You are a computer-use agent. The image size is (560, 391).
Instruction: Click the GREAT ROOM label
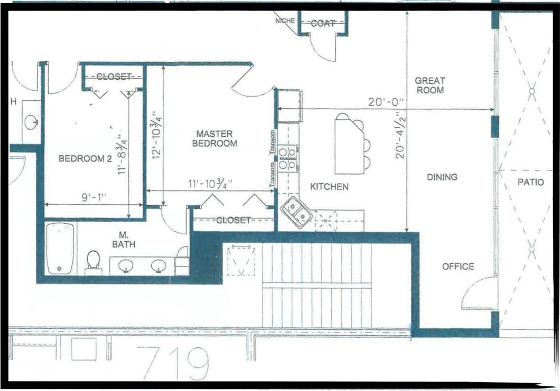(430, 85)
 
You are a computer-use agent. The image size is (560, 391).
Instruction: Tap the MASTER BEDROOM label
(214, 138)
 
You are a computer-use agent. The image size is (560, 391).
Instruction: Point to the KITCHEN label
(329, 186)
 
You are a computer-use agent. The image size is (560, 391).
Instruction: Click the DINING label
(442, 177)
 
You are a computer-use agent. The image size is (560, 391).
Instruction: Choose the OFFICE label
(458, 266)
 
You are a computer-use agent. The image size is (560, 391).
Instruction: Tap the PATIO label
(531, 183)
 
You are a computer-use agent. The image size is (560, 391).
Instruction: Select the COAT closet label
(323, 23)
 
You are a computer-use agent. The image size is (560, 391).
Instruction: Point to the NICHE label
(285, 21)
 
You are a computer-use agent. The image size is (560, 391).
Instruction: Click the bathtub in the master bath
(60, 248)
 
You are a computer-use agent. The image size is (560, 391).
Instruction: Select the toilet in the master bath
(94, 261)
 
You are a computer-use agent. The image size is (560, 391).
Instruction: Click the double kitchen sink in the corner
(296, 212)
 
